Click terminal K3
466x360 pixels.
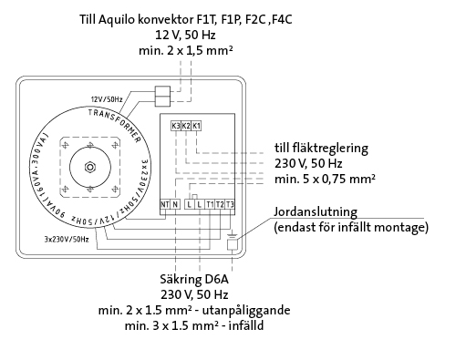pyautogui.click(x=176, y=126)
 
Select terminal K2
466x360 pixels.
pyautogui.click(x=186, y=126)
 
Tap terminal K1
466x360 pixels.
pyautogui.click(x=196, y=126)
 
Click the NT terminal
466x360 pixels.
pyautogui.click(x=165, y=204)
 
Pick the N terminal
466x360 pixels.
pyautogui.click(x=175, y=204)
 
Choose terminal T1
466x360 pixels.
pyautogui.click(x=210, y=204)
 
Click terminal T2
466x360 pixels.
pyautogui.click(x=220, y=204)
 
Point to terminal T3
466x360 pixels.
pyautogui.click(x=230, y=204)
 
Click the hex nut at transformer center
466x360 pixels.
pyautogui.click(x=90, y=167)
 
